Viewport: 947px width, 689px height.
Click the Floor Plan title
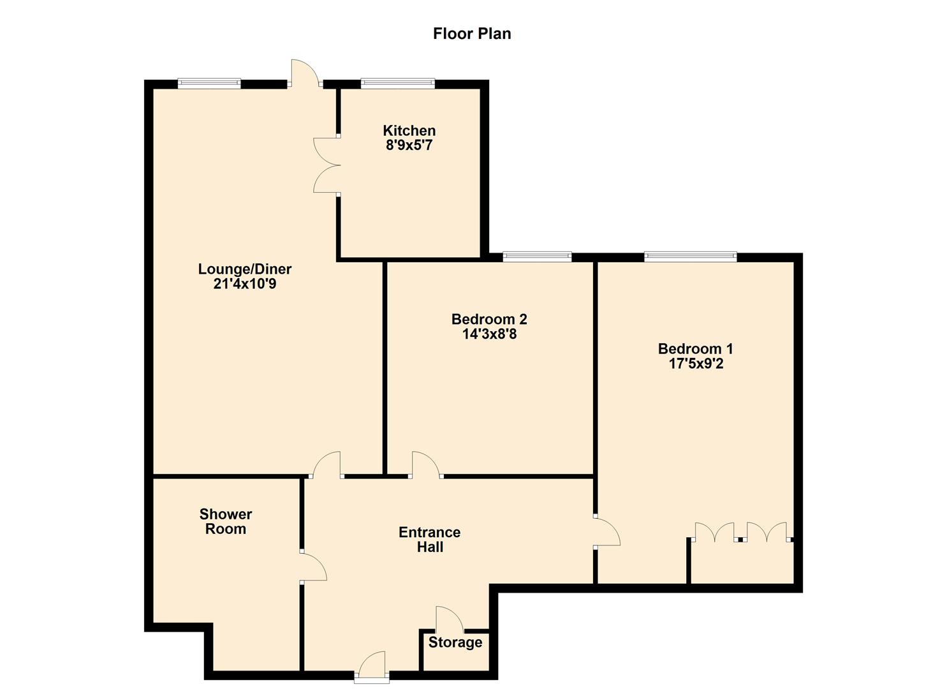[472, 33]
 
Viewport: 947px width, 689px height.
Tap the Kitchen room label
[409, 130]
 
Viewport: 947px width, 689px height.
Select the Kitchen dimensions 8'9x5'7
[409, 145]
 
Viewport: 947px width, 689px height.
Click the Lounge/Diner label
[245, 269]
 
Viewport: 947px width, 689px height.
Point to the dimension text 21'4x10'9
[245, 284]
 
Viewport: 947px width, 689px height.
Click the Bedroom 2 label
[489, 319]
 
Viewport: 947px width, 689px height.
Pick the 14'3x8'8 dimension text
[489, 334]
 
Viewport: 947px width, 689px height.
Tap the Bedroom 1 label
[696, 348]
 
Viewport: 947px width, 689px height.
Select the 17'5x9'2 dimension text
[696, 364]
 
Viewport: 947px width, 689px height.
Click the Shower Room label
[226, 521]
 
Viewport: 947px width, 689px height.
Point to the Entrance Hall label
[430, 539]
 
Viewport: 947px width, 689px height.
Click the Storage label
[455, 642]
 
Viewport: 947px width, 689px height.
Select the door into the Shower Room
[313, 567]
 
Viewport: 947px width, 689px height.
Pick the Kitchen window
[397, 83]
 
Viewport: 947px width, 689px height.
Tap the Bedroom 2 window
[537, 256]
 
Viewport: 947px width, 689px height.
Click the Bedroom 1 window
[691, 256]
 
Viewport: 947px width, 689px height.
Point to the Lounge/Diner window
[209, 83]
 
